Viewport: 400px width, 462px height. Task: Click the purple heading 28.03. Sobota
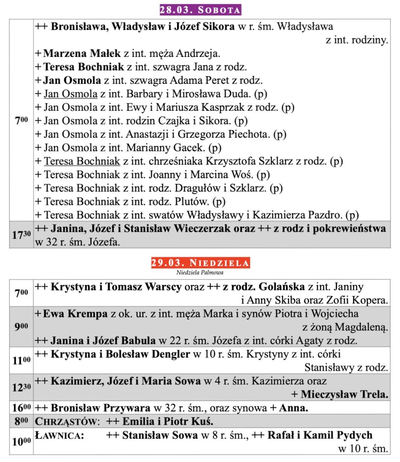[x=200, y=9]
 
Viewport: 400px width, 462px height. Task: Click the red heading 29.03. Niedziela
[x=200, y=262]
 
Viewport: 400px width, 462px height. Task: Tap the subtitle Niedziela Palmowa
[x=200, y=272]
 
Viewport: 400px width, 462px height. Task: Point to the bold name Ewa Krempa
[x=76, y=314]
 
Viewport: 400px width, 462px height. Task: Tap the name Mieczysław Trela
[x=345, y=394]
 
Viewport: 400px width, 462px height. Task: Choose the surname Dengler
[x=167, y=354]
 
